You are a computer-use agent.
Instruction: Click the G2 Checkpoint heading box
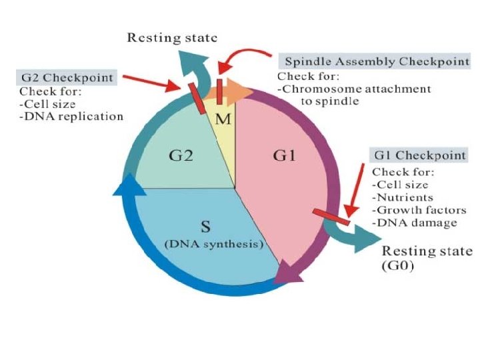tap(67, 77)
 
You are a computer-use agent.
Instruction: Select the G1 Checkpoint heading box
tap(419, 155)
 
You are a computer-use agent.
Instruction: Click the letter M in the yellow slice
tap(223, 119)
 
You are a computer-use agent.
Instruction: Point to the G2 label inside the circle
tap(181, 155)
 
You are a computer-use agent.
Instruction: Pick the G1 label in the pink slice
tap(285, 155)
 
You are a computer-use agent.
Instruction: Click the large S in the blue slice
tap(205, 227)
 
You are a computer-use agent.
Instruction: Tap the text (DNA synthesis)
tap(214, 244)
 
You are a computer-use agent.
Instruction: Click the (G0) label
tap(397, 265)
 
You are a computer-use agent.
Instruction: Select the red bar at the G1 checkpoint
tap(331, 217)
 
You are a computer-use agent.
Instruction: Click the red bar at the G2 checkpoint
tap(197, 98)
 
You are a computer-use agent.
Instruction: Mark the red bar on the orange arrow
tap(219, 91)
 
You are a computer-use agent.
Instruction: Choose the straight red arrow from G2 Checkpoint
tap(151, 82)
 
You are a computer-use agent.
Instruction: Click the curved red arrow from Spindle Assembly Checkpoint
tap(239, 53)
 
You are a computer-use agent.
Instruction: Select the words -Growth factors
tap(419, 210)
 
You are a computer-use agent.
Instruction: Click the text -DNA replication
tap(71, 116)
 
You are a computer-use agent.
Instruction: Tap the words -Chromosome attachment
tap(354, 89)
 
